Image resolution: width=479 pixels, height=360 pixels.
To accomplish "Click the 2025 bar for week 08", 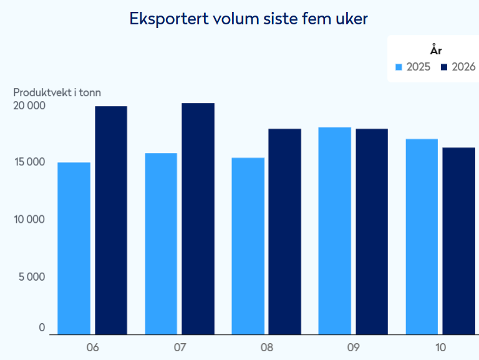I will click(248, 246).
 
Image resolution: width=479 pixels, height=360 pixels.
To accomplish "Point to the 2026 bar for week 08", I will click(284, 231).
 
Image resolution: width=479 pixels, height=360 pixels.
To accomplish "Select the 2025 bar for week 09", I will click(334, 231).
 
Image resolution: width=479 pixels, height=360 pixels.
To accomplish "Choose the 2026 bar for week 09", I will click(372, 231).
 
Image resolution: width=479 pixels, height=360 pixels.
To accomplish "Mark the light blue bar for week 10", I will click(422, 236).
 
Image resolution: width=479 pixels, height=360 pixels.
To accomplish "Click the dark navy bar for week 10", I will click(458, 241).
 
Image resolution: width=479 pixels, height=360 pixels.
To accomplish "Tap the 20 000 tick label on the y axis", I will click(29, 105).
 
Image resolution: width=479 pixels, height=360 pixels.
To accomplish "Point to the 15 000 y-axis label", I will click(29, 162).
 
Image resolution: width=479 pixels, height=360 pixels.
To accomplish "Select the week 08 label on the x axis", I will click(266, 347).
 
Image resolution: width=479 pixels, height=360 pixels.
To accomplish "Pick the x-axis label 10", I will click(440, 347).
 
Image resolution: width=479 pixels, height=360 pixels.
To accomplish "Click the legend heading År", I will click(435, 51).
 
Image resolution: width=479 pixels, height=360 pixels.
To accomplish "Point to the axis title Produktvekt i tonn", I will click(57, 92).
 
